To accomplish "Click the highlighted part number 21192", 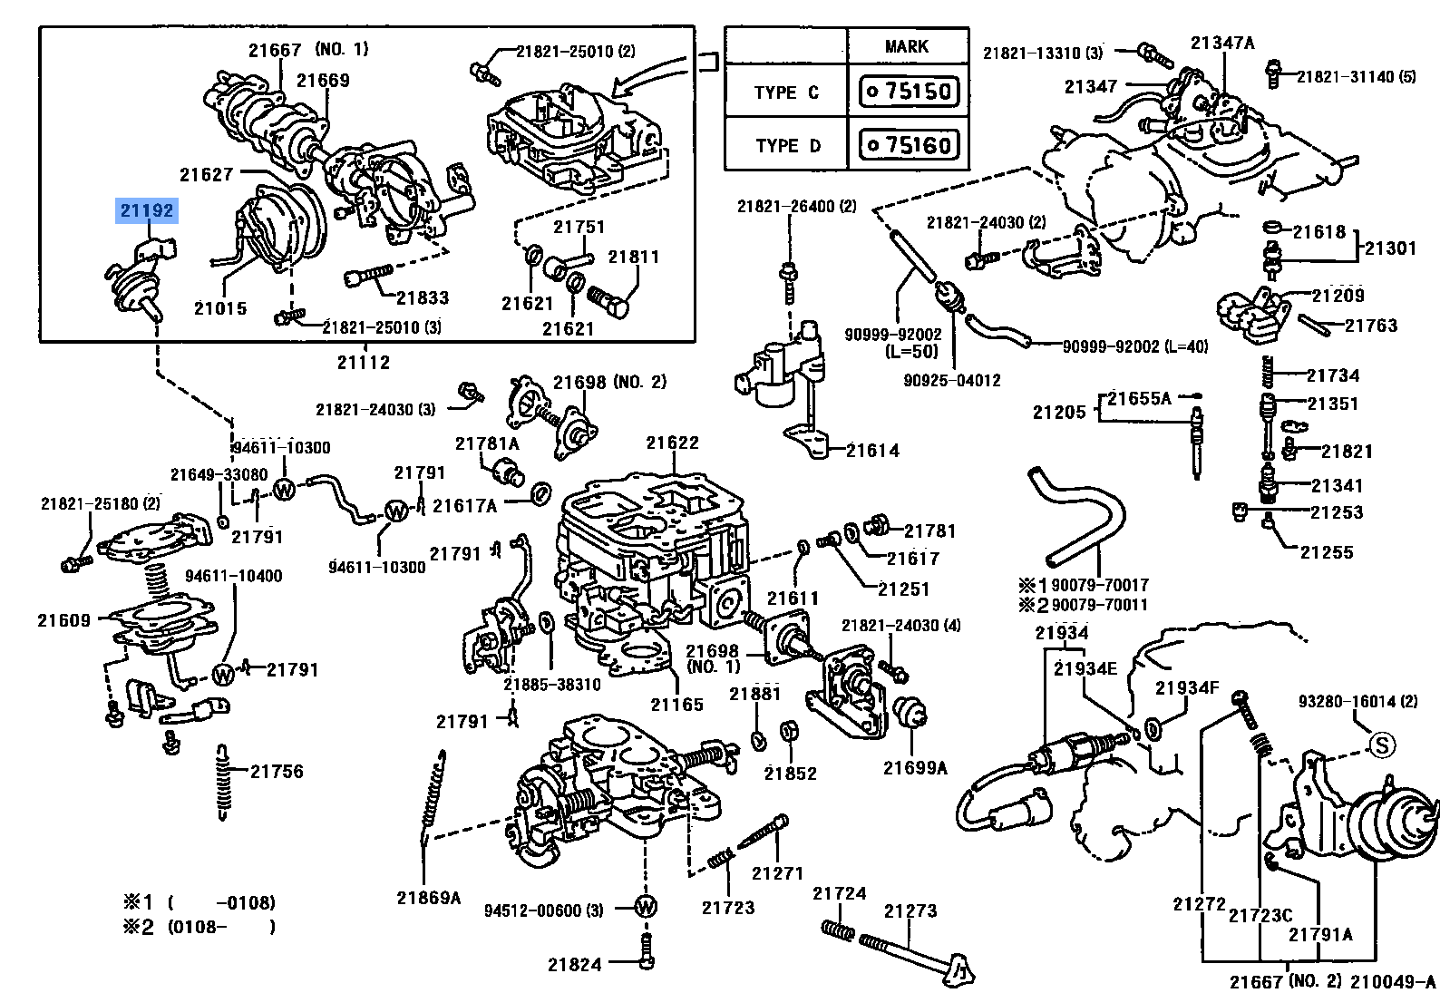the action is (x=147, y=210).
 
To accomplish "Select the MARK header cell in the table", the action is (x=907, y=46).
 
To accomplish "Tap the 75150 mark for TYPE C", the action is (x=909, y=92).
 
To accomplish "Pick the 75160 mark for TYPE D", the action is (x=909, y=144).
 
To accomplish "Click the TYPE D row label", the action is (x=788, y=146).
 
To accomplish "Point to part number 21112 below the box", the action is (x=364, y=363).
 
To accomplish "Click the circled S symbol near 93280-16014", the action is (x=1381, y=745).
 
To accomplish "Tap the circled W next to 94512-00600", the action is (x=646, y=908).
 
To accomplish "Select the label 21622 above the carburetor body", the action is (x=673, y=443).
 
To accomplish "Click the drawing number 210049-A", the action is (x=1393, y=981).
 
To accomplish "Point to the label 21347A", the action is (x=1222, y=43).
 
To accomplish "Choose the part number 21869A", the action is (x=428, y=898).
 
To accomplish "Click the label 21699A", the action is (x=915, y=767).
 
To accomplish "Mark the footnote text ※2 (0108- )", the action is (x=199, y=927).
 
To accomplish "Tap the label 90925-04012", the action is (x=952, y=381).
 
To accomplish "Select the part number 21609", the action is (x=63, y=620).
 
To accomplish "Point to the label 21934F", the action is (x=1187, y=687).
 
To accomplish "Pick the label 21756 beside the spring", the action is (x=277, y=771).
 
